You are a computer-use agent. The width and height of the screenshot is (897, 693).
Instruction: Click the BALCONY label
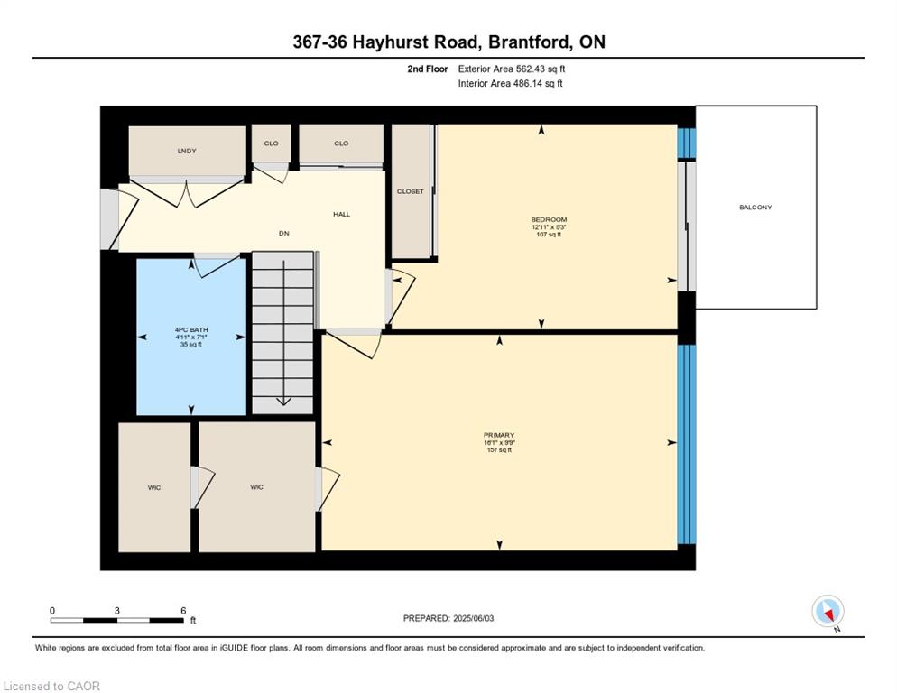[x=755, y=208]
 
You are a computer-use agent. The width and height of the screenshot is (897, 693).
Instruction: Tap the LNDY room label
[x=187, y=151]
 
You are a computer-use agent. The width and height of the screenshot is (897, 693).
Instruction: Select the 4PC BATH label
[x=191, y=330]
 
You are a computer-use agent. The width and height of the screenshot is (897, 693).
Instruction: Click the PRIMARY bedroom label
[x=498, y=435]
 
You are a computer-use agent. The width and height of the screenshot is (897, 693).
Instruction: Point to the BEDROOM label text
[x=549, y=220]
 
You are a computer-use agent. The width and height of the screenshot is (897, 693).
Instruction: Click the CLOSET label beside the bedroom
[x=411, y=191]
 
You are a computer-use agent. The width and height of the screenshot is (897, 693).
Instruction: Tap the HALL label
[x=341, y=214]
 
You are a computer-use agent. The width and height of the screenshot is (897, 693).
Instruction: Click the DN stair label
[x=283, y=234]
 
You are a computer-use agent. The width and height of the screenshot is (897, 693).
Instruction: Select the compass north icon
[x=828, y=612]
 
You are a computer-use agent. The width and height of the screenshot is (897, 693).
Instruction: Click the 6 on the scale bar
[x=183, y=610]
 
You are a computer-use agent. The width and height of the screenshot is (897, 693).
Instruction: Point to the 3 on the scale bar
[x=117, y=610]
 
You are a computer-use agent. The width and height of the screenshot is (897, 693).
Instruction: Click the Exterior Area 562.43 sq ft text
[x=512, y=69]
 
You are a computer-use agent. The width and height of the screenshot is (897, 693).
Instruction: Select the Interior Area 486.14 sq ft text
[x=510, y=84]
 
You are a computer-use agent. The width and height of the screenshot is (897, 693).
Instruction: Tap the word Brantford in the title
[x=525, y=42]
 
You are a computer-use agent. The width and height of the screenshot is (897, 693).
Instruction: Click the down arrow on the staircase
[x=283, y=402]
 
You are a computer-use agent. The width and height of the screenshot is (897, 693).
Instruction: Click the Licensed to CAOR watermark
[x=51, y=686]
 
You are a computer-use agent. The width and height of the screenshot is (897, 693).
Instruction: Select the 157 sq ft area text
[x=498, y=450]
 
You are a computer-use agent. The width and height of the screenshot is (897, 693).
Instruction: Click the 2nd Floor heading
[x=427, y=69]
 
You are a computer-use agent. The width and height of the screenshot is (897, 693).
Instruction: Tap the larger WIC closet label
[x=257, y=487]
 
